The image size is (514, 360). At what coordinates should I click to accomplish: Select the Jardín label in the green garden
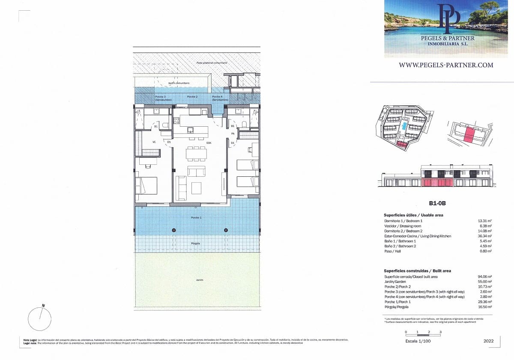point(200,280)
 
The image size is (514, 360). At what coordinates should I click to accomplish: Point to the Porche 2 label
point(192,97)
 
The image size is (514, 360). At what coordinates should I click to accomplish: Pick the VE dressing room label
point(153,142)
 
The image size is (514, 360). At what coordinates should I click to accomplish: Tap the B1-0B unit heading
point(438,204)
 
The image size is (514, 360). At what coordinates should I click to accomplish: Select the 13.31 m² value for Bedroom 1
point(484,220)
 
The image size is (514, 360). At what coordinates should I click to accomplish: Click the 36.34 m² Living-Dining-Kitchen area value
point(484,236)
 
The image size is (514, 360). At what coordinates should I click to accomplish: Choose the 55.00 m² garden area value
point(484,282)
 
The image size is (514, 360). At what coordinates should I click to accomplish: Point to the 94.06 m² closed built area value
point(484,277)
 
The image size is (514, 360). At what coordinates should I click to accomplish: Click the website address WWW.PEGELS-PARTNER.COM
point(446,65)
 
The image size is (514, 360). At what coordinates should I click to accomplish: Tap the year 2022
point(488,341)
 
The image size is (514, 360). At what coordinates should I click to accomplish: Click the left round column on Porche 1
point(174,230)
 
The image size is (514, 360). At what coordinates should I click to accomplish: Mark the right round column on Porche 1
point(226,230)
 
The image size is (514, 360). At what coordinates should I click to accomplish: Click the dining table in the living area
point(197,153)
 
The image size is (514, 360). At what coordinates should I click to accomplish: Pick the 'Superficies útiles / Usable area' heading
point(414,215)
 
